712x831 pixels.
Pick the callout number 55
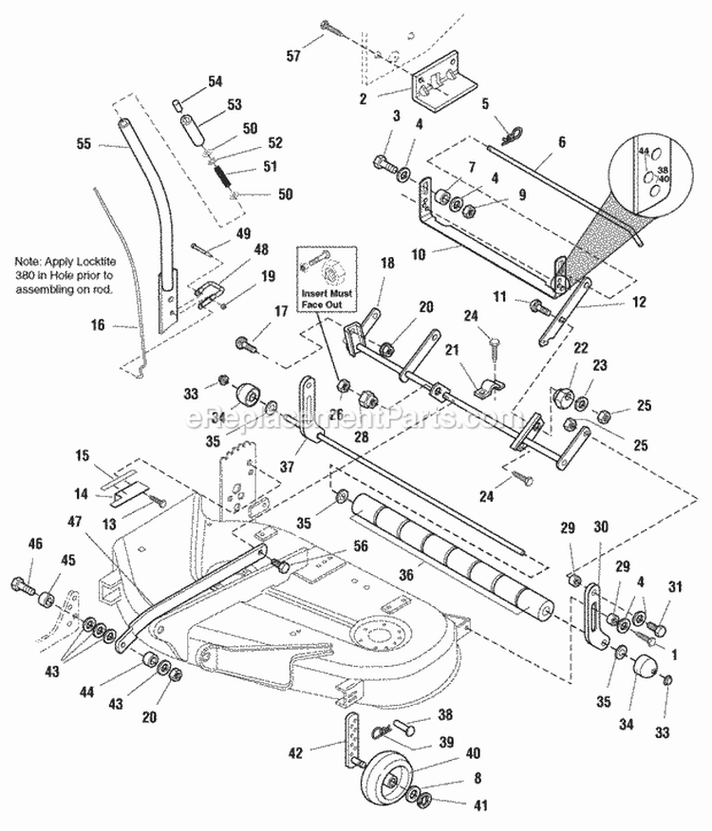click(85, 146)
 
